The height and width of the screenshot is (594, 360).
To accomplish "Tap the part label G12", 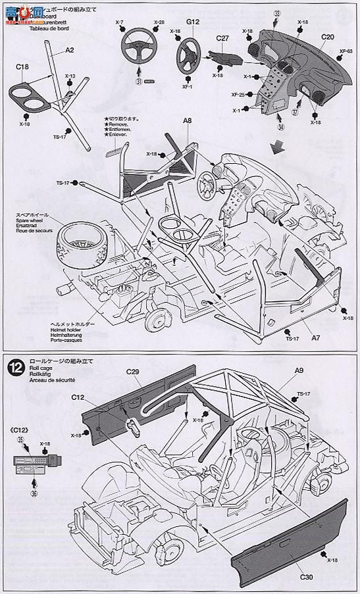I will (192, 22).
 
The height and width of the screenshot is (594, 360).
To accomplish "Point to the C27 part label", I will (223, 39).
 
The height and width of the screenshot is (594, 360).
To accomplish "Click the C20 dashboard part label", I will (328, 39).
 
